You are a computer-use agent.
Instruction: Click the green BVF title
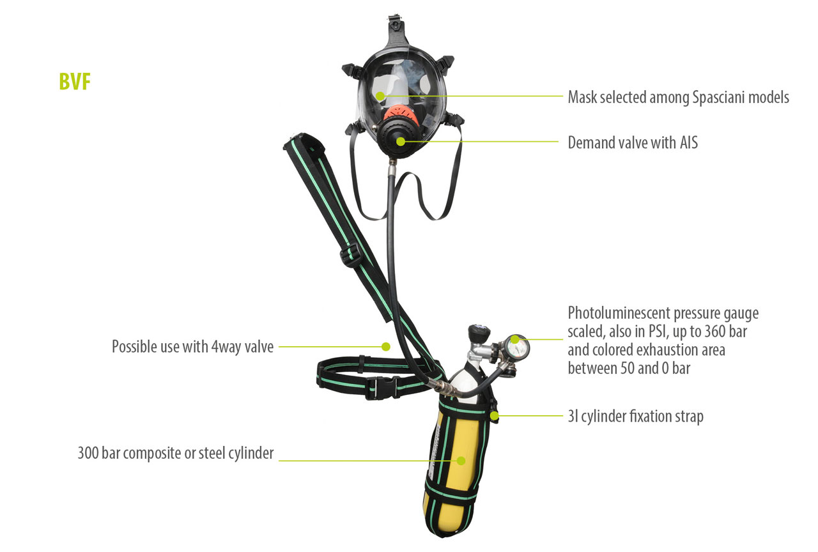[75, 81]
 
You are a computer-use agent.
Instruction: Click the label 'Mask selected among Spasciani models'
[678, 98]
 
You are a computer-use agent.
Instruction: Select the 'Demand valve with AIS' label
[633, 142]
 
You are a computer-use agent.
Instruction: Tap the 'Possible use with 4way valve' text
[192, 347]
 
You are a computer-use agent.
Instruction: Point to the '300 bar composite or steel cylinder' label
[176, 453]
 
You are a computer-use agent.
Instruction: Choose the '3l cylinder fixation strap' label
[635, 417]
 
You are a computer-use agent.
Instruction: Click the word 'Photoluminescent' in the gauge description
[619, 313]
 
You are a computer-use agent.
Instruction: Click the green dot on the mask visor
[380, 96]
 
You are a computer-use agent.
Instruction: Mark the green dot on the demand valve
[401, 142]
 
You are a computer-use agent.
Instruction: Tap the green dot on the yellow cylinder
[461, 461]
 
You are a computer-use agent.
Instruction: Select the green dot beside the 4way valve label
[386, 346]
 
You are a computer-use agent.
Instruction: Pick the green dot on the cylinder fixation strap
[494, 415]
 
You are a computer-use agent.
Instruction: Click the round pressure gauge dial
[516, 346]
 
